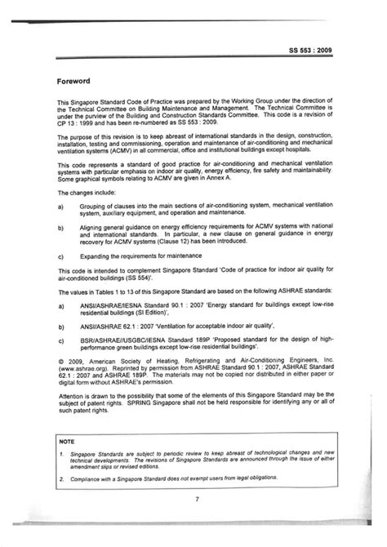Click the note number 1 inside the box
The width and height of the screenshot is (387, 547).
61,458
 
